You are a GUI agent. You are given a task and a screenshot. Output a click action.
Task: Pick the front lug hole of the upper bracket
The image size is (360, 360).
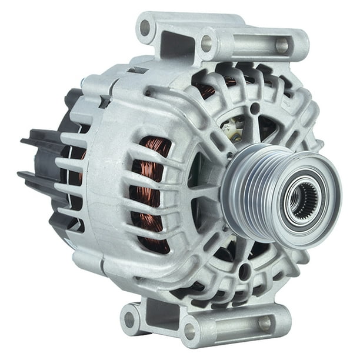[206, 42]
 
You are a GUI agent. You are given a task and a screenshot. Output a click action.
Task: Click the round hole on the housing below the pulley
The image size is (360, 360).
[243, 271]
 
